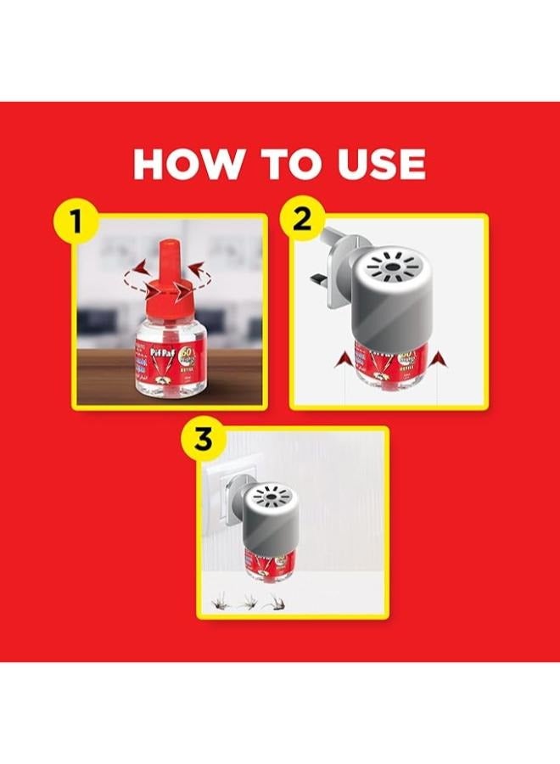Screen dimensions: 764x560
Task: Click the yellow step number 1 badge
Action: pos(76,222)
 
